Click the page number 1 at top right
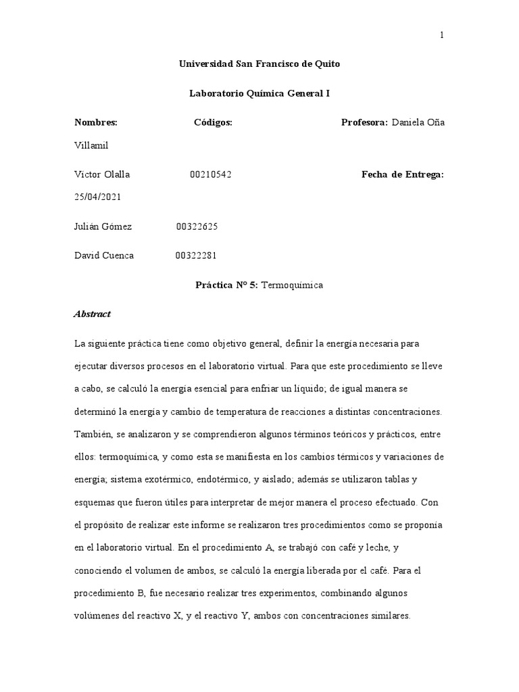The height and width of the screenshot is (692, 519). tap(442, 36)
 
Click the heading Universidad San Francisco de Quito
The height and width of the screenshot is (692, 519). tap(259, 64)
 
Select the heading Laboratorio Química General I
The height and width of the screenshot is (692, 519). tap(259, 93)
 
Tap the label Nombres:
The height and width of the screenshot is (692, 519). tap(95, 122)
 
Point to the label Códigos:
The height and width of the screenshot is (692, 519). tap(213, 122)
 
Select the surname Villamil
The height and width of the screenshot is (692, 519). tap(92, 145)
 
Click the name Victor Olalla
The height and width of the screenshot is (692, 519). tap(101, 174)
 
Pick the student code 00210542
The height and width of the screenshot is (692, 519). tap(211, 174)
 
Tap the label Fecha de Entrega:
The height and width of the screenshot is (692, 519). tap(403, 174)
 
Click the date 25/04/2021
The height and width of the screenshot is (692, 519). tap(97, 197)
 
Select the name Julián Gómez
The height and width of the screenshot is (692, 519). tap(103, 226)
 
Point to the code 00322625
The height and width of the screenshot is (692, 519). tap(197, 226)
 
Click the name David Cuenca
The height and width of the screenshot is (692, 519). tap(103, 255)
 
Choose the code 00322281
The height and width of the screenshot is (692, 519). tap(196, 255)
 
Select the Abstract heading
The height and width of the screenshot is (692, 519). tap(92, 314)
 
